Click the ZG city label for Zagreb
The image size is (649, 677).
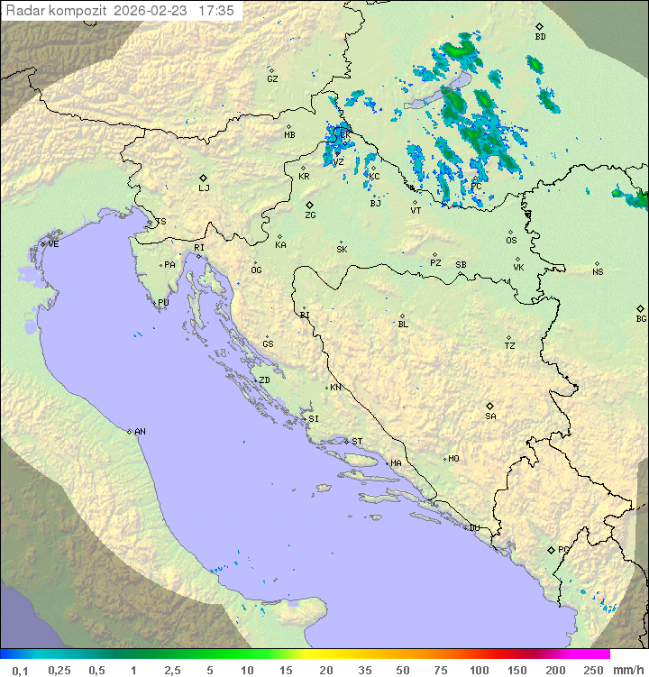click(x=310, y=216)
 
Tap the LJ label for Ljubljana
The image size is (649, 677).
click(x=204, y=189)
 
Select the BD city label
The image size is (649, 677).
click(x=540, y=37)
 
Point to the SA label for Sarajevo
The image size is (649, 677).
click(x=490, y=416)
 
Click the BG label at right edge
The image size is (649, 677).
click(x=641, y=319)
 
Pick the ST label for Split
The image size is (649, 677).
click(x=357, y=442)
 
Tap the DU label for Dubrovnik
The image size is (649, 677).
click(x=473, y=528)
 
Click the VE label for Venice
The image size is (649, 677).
click(x=53, y=244)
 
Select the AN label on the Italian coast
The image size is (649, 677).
click(x=140, y=432)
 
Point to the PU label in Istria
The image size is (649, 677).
click(x=163, y=303)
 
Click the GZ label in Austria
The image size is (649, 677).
click(x=272, y=79)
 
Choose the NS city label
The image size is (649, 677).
click(x=598, y=272)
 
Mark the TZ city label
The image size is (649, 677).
click(x=510, y=346)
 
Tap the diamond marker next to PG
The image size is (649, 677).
click(x=551, y=549)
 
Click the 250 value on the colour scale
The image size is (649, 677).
click(x=592, y=670)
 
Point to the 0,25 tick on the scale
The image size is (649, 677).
click(x=59, y=670)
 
